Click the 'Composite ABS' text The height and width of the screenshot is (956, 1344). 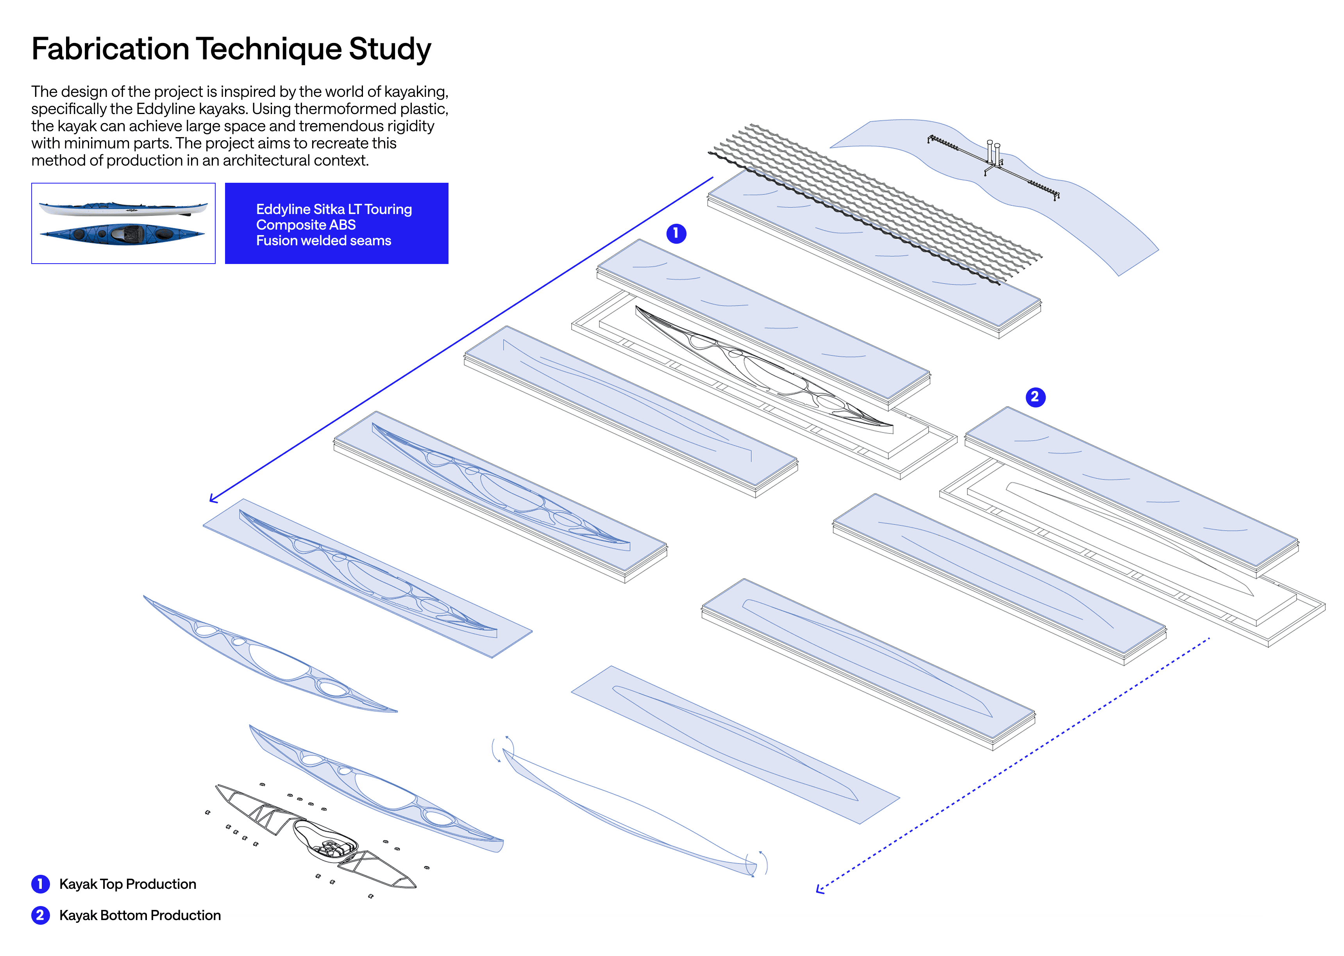305,225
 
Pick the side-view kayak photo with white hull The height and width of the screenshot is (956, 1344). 123,208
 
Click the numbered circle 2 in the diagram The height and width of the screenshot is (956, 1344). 1035,397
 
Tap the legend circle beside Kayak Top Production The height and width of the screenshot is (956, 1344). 40,884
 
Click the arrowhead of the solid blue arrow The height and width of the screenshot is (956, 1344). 213,499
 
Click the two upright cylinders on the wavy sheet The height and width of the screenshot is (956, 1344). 993,152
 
